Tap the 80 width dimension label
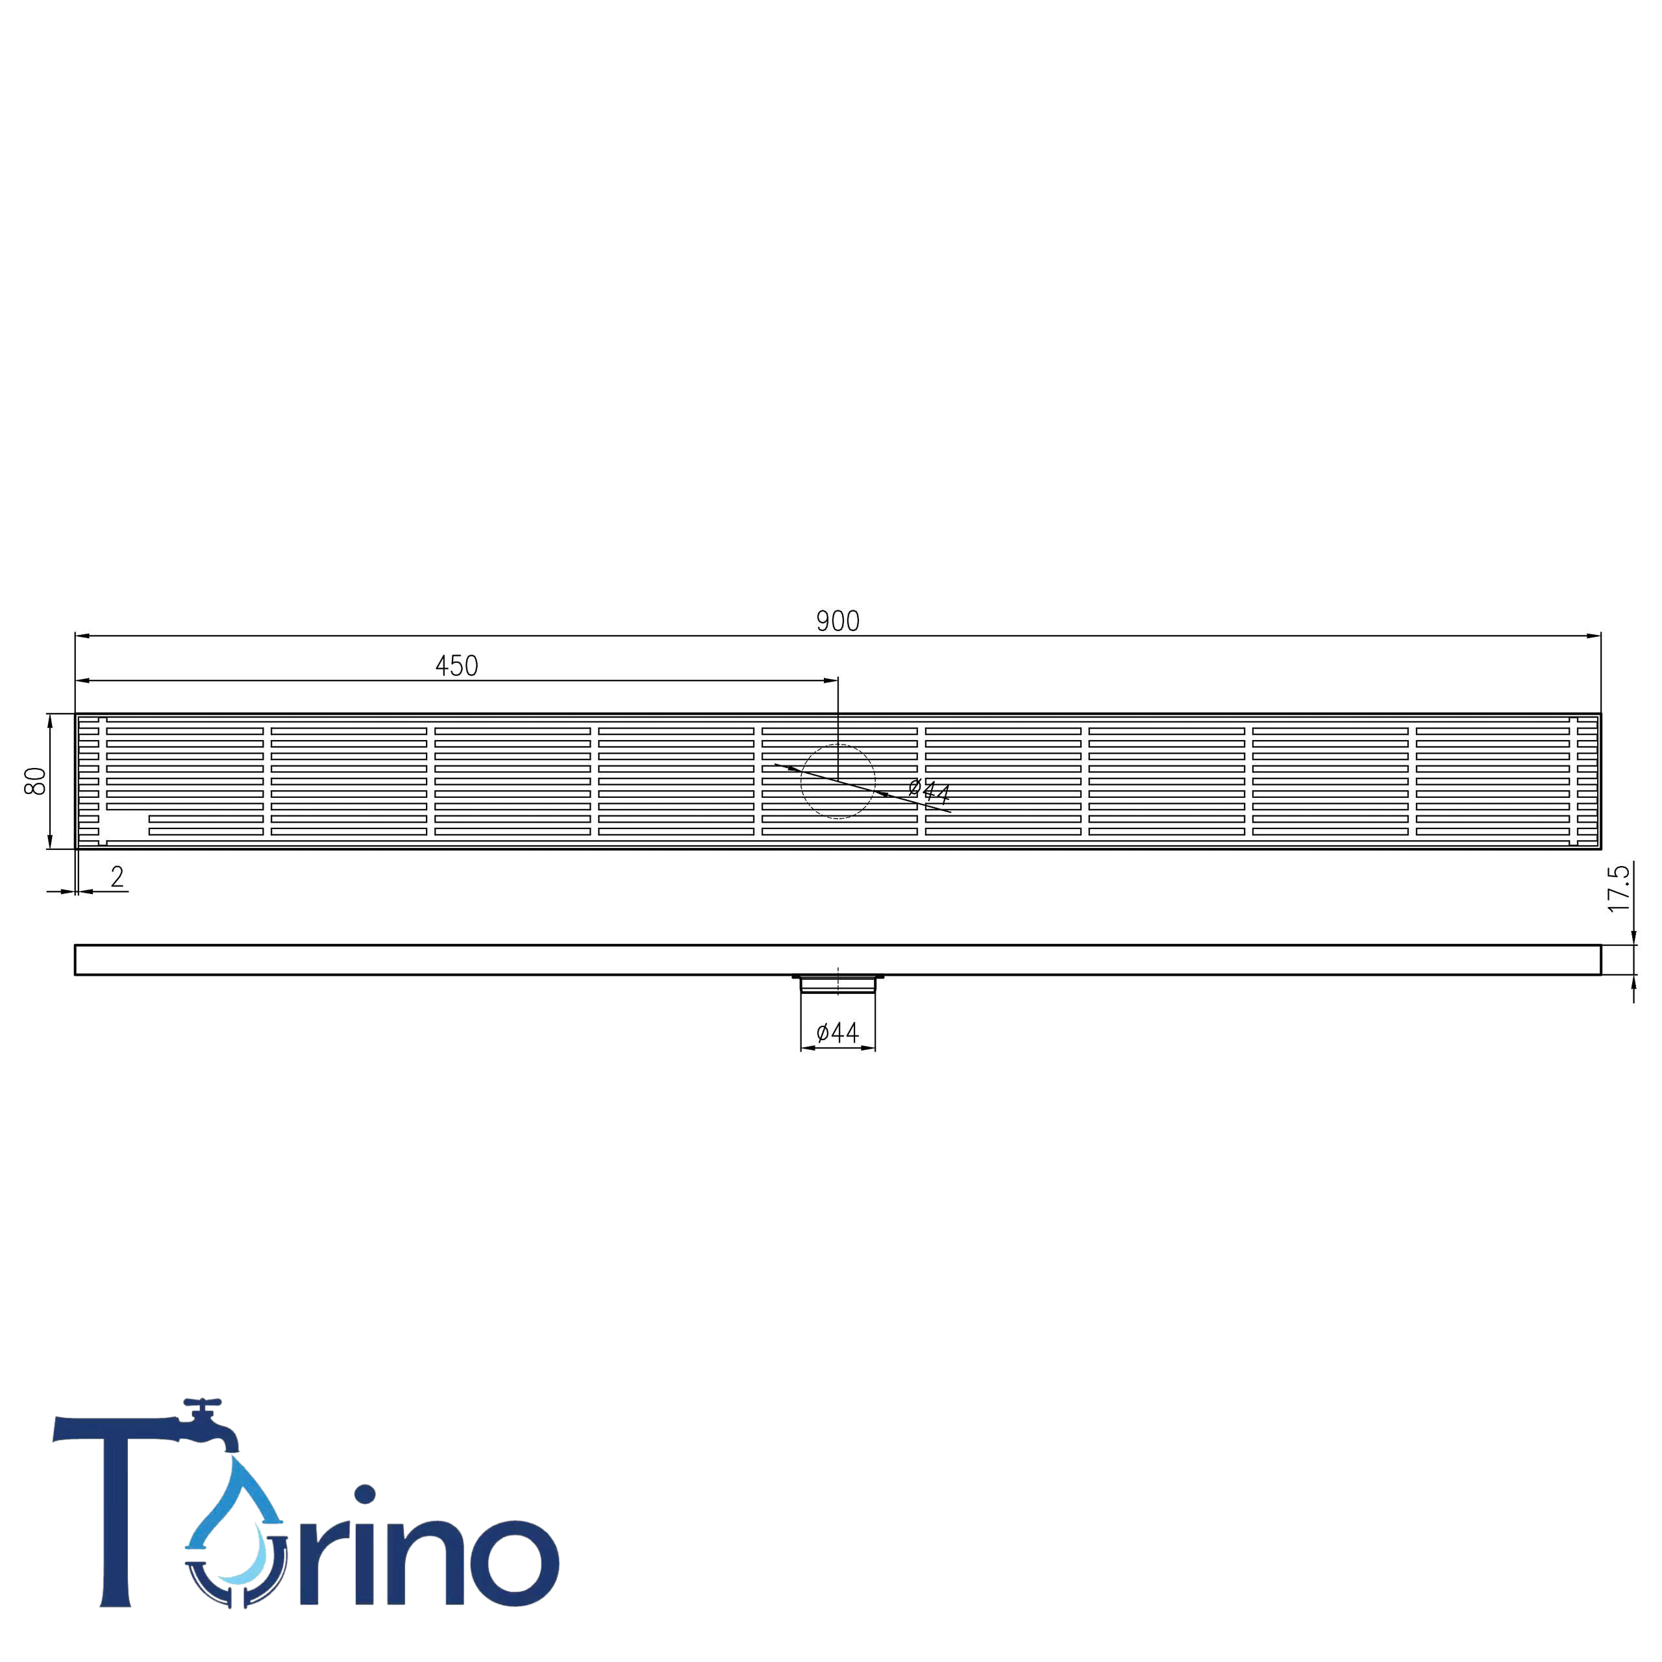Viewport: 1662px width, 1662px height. coord(35,781)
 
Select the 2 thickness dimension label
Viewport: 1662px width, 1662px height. coord(117,876)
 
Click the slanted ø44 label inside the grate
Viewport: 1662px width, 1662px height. coord(929,789)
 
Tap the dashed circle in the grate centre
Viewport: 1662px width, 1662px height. coord(801,781)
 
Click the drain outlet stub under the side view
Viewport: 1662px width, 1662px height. coord(838,984)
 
